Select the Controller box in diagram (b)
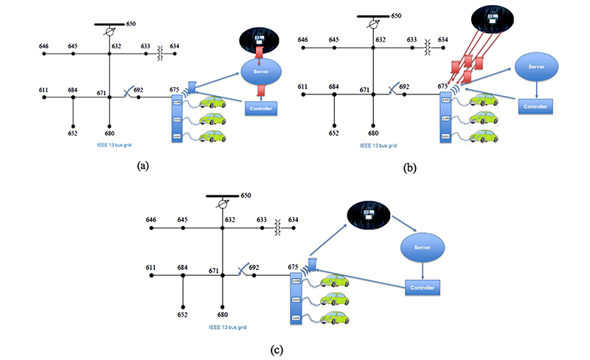pyautogui.click(x=535, y=106)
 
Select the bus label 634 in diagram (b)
pyautogui.click(x=442, y=40)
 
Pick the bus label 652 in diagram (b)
pyautogui.click(x=335, y=134)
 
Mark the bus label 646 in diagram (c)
pyautogui.click(x=151, y=219)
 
